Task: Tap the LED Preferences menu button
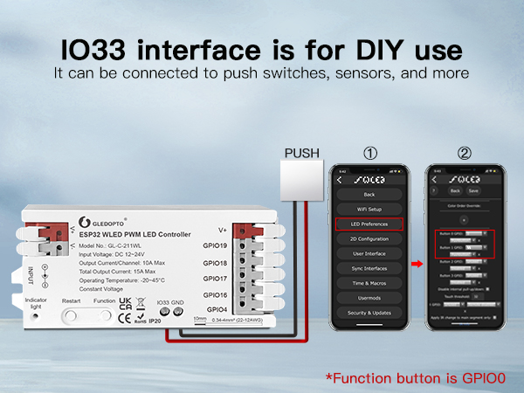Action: coord(369,224)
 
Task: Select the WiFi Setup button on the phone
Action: coord(369,210)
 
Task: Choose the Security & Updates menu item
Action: coord(369,313)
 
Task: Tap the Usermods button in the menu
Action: coord(369,298)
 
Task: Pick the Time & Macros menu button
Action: coord(369,283)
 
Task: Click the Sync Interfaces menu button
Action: coord(369,268)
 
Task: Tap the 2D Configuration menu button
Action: coord(369,238)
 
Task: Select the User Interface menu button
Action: coord(369,253)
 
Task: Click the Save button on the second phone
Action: coord(473,190)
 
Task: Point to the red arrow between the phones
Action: coord(417,260)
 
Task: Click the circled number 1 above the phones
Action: coord(370,154)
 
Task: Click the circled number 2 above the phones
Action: coord(464,154)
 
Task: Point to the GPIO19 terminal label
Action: coord(215,246)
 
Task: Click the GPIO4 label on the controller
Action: coord(217,310)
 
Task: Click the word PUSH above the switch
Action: coord(302,154)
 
